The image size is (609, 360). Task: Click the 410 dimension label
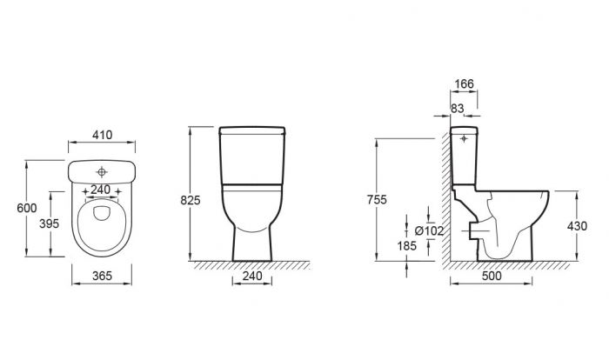pos(102,135)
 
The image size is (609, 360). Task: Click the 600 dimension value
pos(27,208)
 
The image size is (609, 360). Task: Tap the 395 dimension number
pos(50,223)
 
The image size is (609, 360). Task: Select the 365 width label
pos(102,276)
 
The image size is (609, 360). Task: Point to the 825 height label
pos(191,200)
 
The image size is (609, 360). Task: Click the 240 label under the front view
pos(252,276)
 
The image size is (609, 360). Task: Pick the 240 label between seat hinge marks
pos(101,190)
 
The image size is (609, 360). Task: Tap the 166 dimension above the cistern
pos(464,83)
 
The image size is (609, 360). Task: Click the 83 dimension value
pos(457,109)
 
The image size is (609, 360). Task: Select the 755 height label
pos(377,200)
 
